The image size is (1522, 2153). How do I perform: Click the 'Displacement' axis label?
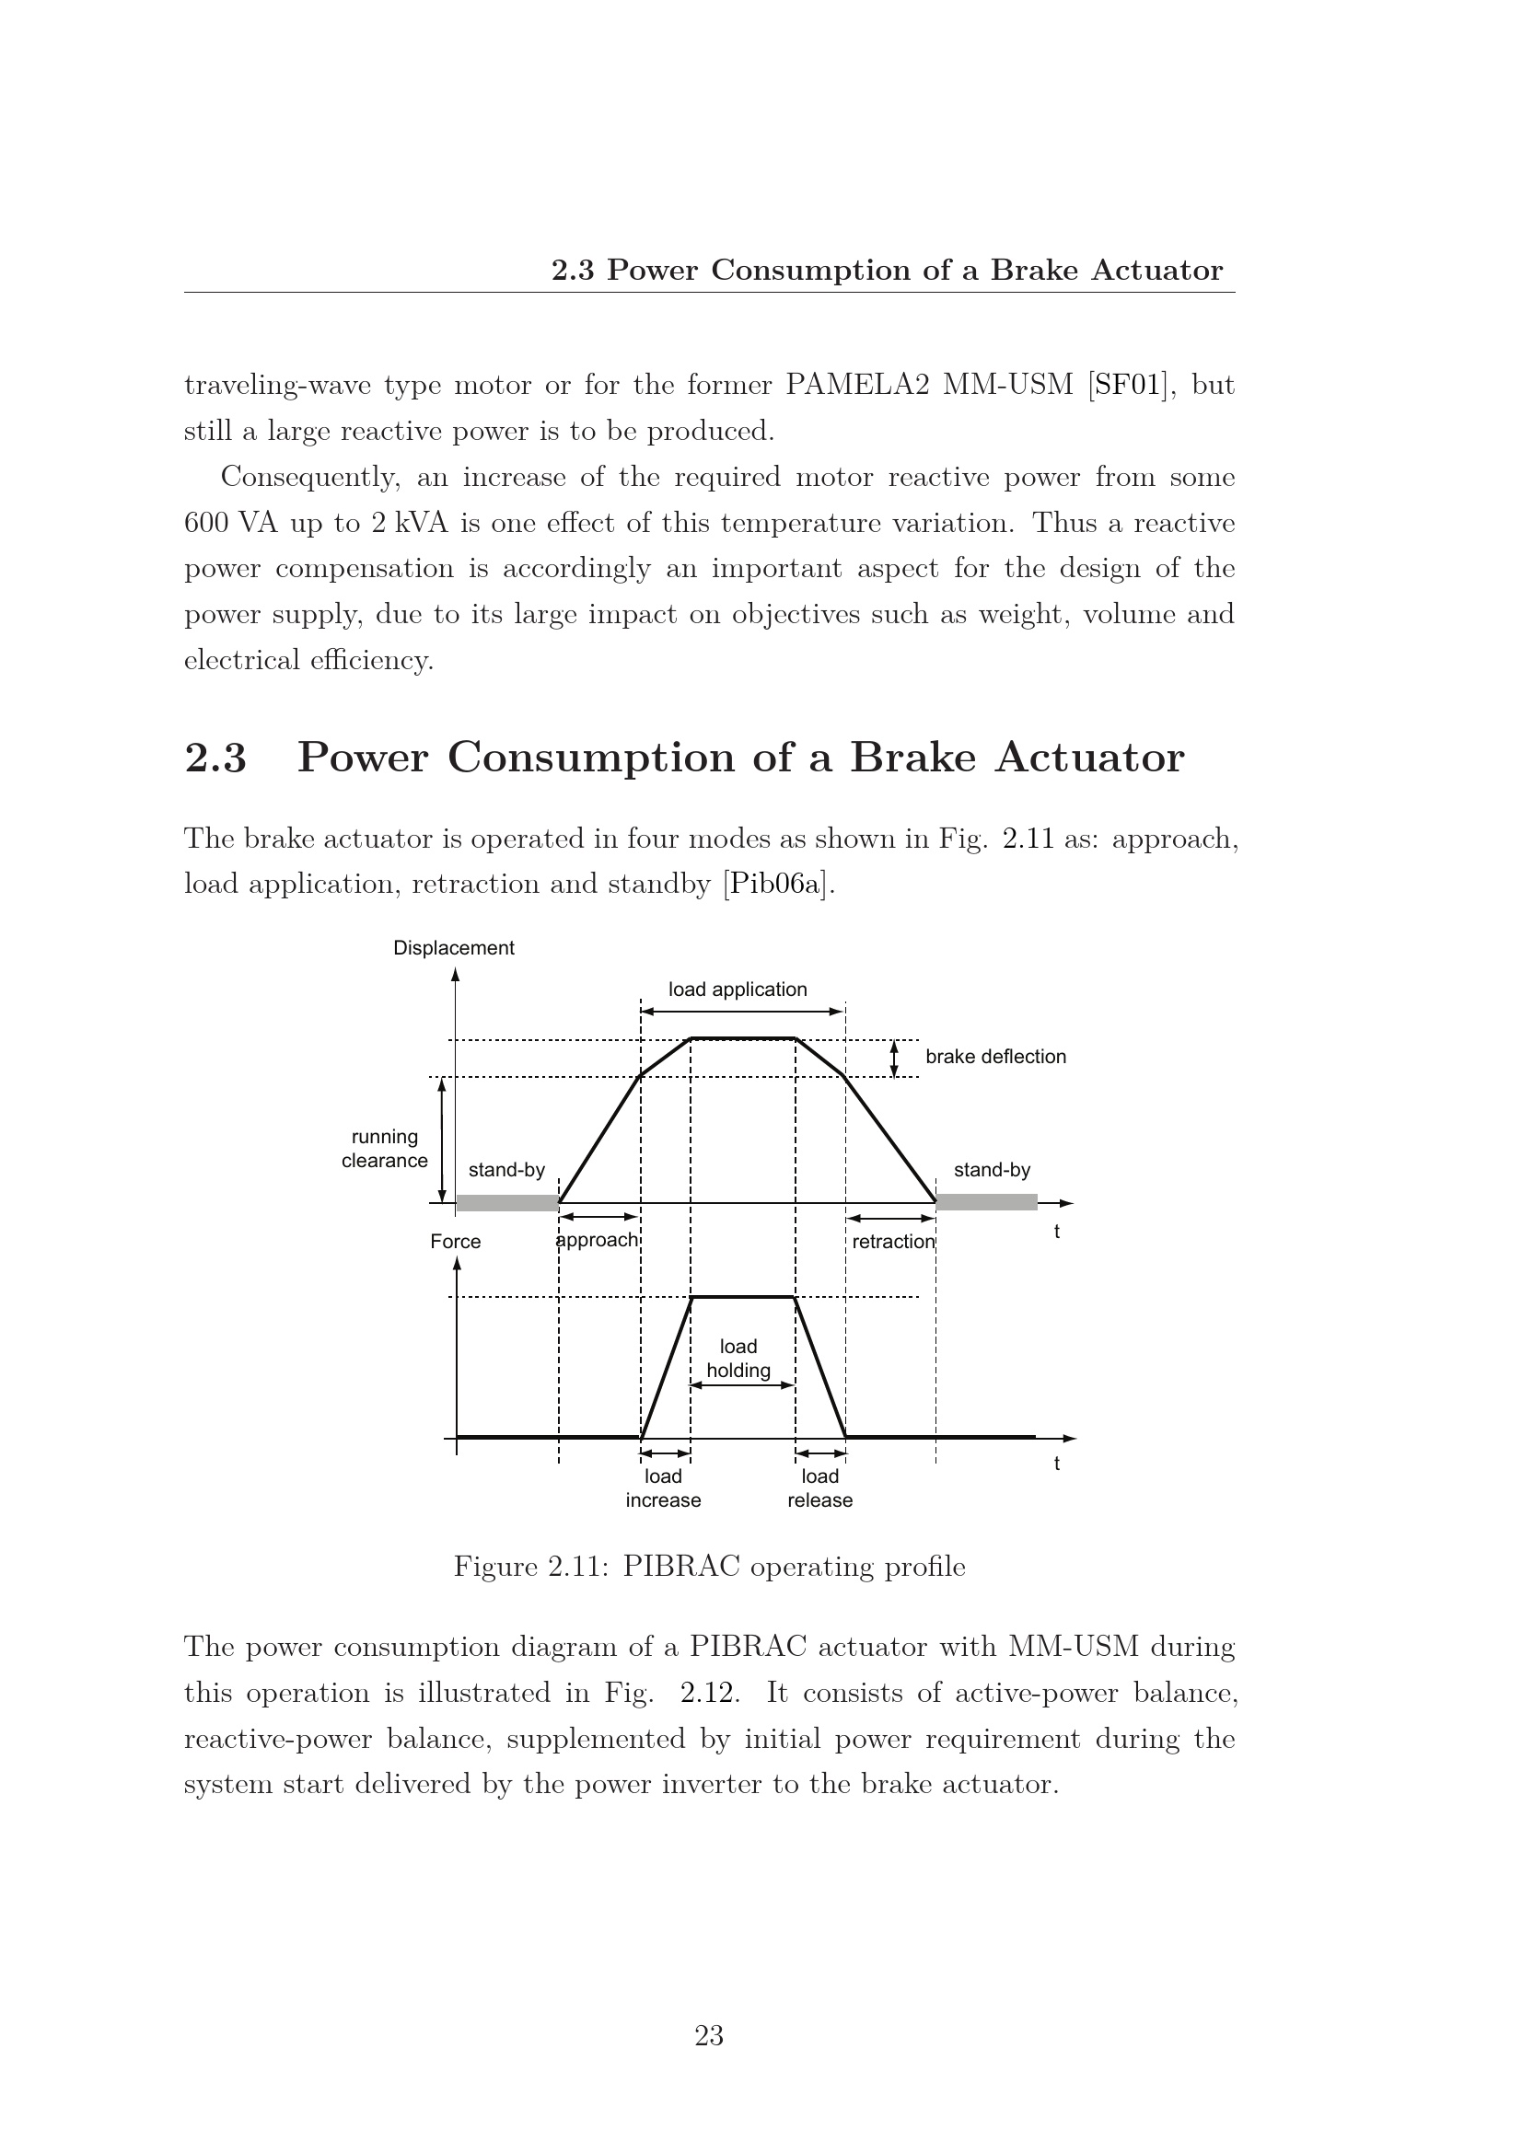pos(453,948)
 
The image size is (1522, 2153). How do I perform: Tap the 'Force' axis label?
pos(455,1242)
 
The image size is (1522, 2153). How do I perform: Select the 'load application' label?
pos(738,990)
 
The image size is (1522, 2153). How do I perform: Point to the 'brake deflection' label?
pos(995,1057)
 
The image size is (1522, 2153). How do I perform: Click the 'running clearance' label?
pos(385,1149)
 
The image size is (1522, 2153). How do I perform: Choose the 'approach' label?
pos(597,1240)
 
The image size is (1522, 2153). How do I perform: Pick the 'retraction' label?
pos(893,1242)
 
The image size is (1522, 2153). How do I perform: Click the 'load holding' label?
pos(738,1359)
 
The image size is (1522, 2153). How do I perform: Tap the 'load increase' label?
pos(663,1488)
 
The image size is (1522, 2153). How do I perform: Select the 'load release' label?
pos(819,1488)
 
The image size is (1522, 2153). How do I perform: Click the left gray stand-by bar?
pos(506,1203)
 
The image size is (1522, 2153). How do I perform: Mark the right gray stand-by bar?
pos(986,1202)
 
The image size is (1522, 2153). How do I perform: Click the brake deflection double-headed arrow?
pos(894,1059)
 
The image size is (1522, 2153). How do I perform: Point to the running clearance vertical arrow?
pos(442,1140)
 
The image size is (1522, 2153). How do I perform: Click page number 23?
pos(709,2036)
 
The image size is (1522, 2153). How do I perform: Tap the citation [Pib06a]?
pos(776,885)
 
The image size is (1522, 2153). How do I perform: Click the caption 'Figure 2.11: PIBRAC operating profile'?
pos(709,1566)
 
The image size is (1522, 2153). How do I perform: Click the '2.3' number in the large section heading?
pos(215,758)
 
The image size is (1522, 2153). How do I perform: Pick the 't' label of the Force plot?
pos(1057,1464)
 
